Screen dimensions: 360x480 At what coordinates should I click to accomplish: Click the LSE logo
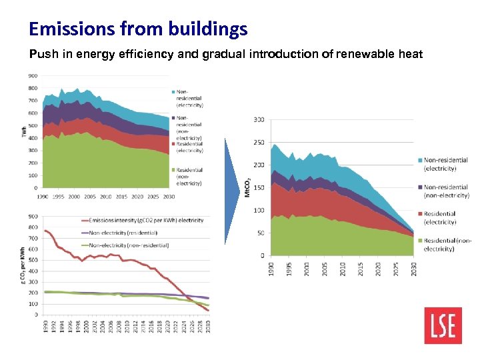click(x=443, y=325)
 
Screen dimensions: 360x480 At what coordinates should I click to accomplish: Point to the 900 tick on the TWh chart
click(x=33, y=75)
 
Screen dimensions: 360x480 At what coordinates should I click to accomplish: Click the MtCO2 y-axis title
click(x=247, y=187)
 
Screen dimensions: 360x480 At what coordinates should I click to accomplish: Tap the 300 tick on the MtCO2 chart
click(x=259, y=120)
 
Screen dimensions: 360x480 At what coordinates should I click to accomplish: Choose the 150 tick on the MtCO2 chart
click(x=259, y=188)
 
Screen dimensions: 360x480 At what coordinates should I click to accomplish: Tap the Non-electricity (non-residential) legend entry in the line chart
click(x=127, y=245)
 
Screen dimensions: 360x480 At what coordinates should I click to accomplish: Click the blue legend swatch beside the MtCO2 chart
click(x=419, y=160)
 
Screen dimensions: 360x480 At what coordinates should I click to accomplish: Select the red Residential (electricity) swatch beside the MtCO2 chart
click(x=419, y=214)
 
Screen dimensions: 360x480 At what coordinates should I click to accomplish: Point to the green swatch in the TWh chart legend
click(x=173, y=171)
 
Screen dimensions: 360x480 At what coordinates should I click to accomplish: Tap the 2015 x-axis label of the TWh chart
click(x=121, y=196)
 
